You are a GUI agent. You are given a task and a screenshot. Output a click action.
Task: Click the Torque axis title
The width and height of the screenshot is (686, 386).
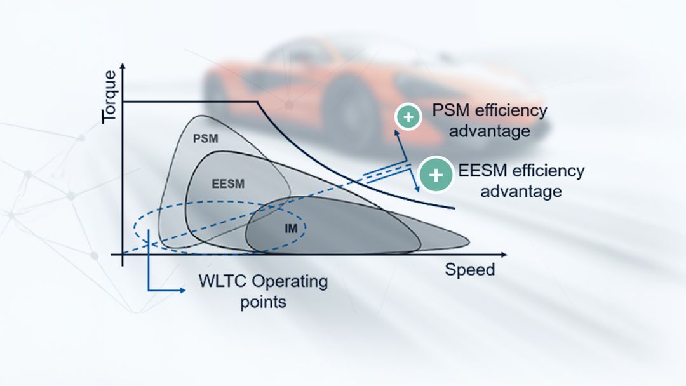(109, 96)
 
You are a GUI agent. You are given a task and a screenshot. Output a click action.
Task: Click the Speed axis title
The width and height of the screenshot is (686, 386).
(469, 269)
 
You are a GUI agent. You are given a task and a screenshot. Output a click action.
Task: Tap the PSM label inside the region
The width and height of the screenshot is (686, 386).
(205, 137)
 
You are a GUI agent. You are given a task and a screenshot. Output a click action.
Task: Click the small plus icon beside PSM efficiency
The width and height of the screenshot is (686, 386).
(408, 117)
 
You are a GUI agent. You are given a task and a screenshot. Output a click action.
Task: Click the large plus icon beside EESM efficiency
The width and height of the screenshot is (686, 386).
(436, 175)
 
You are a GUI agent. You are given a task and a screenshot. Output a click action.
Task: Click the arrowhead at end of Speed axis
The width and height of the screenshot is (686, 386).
(504, 255)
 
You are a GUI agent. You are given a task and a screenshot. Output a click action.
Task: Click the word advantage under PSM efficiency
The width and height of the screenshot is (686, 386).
(490, 131)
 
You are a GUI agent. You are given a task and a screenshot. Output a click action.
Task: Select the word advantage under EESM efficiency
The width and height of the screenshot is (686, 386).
(520, 191)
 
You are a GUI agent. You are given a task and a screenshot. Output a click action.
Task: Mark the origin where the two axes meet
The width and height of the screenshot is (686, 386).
(123, 255)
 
